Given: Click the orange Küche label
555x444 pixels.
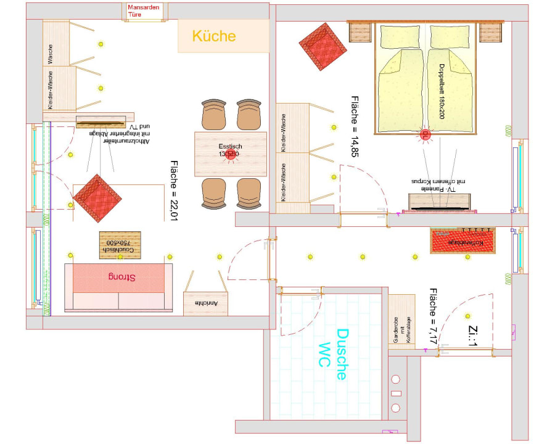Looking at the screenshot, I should point(214,36).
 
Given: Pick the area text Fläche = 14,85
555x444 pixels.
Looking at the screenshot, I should point(355,126).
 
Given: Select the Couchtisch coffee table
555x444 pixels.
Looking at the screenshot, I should point(120,245).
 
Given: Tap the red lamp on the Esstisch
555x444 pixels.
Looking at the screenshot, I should point(231,154).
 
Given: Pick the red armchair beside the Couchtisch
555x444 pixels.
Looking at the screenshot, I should point(96,199).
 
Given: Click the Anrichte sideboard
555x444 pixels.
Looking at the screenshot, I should point(207,303).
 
